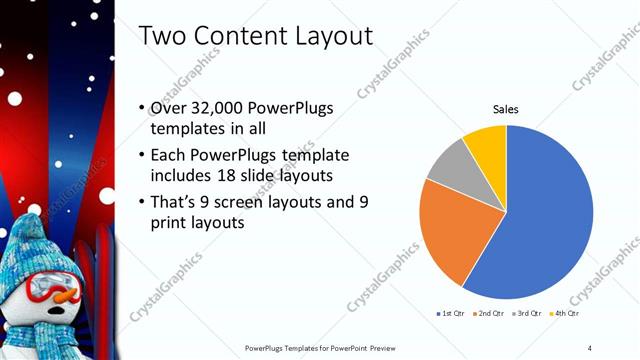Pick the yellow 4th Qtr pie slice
487,143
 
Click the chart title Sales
506,109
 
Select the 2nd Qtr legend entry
487,313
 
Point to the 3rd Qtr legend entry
528,313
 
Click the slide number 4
589,347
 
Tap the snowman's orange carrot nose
65,296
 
